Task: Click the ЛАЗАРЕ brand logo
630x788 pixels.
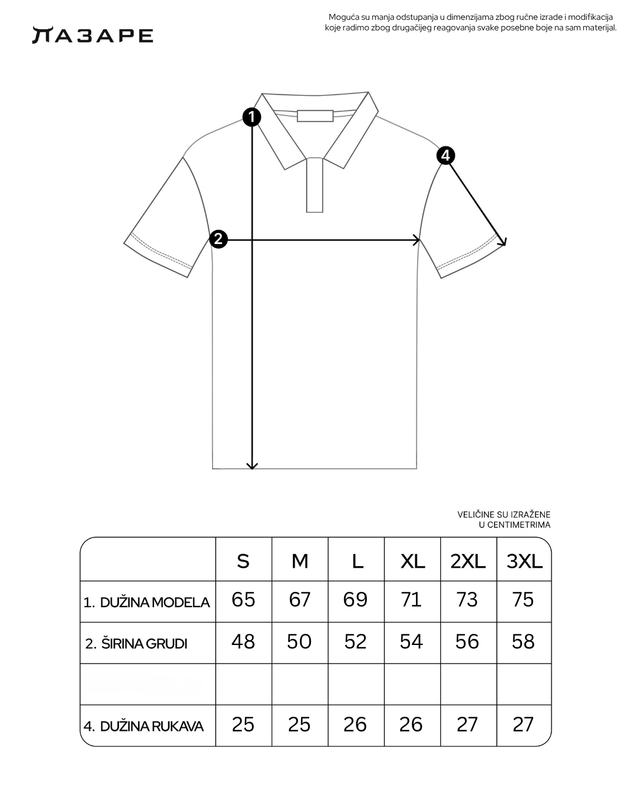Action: tap(92, 36)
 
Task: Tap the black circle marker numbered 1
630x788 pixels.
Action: tap(251, 117)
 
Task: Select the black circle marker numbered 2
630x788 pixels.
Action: tap(218, 239)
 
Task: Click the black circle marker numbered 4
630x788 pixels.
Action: tap(446, 155)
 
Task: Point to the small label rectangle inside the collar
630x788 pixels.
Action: tap(315, 116)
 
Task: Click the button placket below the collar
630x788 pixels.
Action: tap(314, 184)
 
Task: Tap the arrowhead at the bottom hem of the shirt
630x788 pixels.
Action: tap(252, 465)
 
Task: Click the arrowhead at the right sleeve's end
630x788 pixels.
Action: tap(503, 242)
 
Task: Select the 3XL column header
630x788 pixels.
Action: tap(524, 561)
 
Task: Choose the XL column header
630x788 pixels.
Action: tap(412, 561)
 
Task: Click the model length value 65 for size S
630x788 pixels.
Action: tap(243, 599)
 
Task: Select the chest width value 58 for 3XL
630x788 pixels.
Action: tap(523, 641)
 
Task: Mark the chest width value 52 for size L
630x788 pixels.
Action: tap(355, 641)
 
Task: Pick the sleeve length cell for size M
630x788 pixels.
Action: tap(299, 724)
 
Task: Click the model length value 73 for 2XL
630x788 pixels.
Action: tap(467, 599)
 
